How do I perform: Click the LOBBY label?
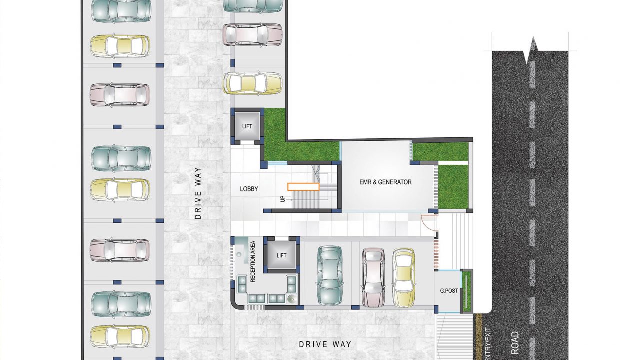[249, 189]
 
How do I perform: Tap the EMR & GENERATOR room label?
[385, 182]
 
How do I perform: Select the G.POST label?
[449, 291]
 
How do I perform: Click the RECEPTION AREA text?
[252, 262]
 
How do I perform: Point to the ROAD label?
[515, 343]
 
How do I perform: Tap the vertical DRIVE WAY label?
[198, 193]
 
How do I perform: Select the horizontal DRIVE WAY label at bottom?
[325, 344]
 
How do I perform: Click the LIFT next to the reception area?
[281, 255]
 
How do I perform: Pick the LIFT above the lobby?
[247, 126]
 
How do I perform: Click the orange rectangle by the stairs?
[303, 187]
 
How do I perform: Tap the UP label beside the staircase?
[282, 199]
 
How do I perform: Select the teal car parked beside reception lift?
[330, 276]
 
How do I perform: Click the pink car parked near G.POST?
[373, 278]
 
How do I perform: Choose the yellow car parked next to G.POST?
[404, 278]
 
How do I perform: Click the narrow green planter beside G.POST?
[467, 291]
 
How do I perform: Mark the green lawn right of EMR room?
[453, 187]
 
